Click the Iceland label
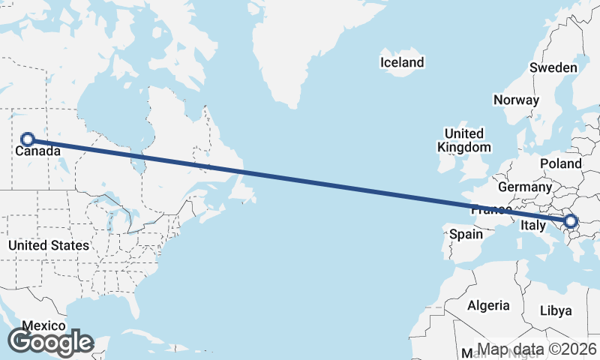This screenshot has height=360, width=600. coord(402,62)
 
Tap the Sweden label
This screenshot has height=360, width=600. coord(553,67)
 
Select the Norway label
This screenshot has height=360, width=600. coord(516,100)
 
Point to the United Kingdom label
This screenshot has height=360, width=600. coord(464,140)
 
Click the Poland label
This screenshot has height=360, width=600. coord(561,163)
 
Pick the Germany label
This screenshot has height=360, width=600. coord(524,187)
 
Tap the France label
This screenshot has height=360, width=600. coord(490,211)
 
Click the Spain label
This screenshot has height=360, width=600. coord(465,235)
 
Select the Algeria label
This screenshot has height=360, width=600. coord(488,305)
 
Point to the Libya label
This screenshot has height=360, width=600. coord(556,310)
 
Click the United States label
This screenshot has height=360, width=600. coord(48,245)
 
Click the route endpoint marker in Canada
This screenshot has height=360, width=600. coord(28,139)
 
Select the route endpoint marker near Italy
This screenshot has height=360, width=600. coord(571,221)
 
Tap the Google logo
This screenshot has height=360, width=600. coord(50,342)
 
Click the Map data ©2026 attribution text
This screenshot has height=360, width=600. coord(537,349)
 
